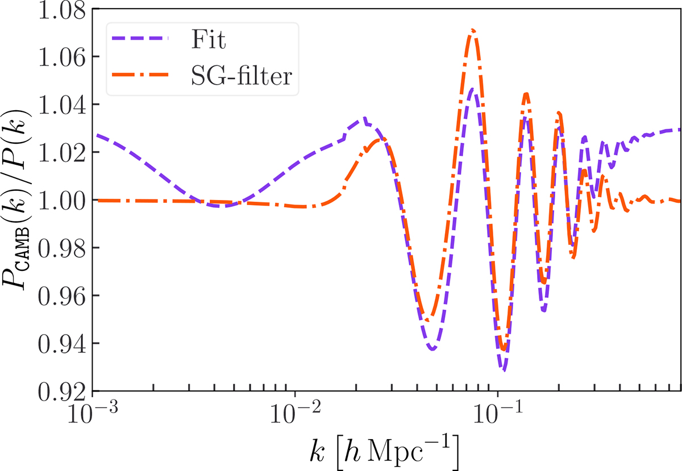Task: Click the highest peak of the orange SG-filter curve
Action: [472, 30]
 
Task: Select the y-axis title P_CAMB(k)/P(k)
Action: [24, 201]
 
